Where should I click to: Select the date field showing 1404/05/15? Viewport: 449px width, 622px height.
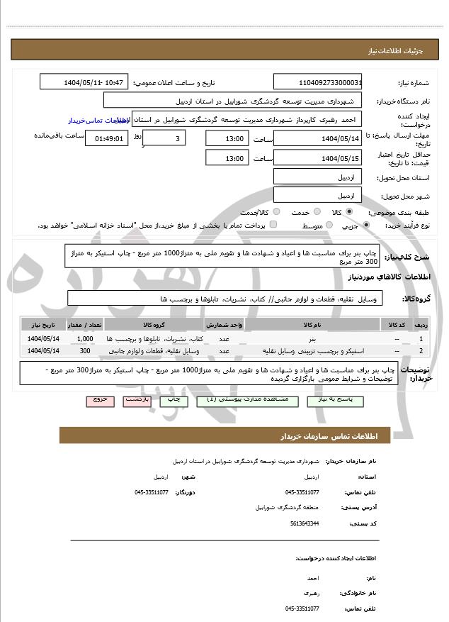point(317,157)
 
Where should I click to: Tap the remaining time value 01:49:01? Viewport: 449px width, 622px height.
point(107,139)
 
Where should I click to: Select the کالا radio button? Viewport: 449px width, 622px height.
point(349,212)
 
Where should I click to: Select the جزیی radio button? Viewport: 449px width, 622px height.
point(365,226)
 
